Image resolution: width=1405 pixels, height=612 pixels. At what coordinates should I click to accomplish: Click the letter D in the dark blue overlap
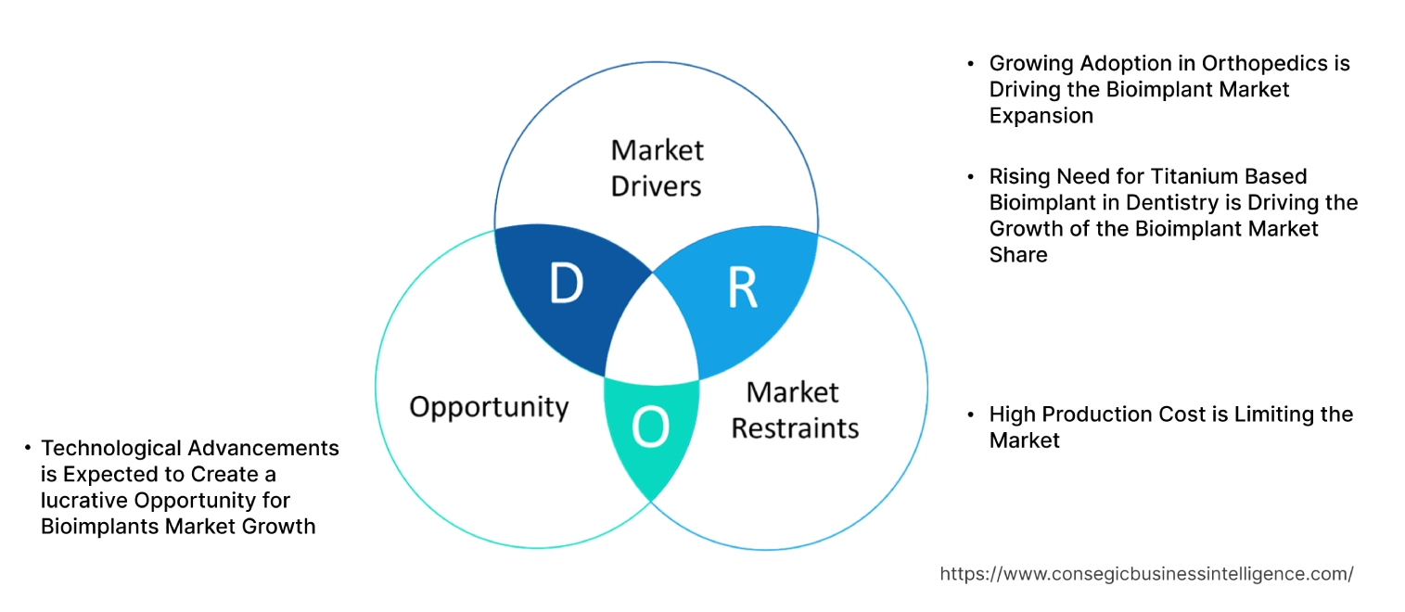point(566,286)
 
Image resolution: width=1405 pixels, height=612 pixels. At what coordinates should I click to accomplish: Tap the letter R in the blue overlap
point(741,288)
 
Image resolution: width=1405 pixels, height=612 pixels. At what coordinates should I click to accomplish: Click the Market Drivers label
point(657,168)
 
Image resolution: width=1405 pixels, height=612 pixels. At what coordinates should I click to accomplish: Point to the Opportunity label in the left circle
point(489,407)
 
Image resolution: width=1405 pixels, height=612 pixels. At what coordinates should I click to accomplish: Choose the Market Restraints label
point(795,410)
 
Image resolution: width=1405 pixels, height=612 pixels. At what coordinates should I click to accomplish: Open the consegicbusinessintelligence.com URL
point(1146,574)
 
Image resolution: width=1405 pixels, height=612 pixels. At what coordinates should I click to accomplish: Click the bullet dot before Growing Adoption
point(970,64)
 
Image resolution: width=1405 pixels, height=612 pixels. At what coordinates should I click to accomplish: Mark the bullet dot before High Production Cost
point(970,414)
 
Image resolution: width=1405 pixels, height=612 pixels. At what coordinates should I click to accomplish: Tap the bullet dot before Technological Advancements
point(28,449)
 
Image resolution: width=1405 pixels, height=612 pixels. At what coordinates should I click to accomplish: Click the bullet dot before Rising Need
point(970,176)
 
